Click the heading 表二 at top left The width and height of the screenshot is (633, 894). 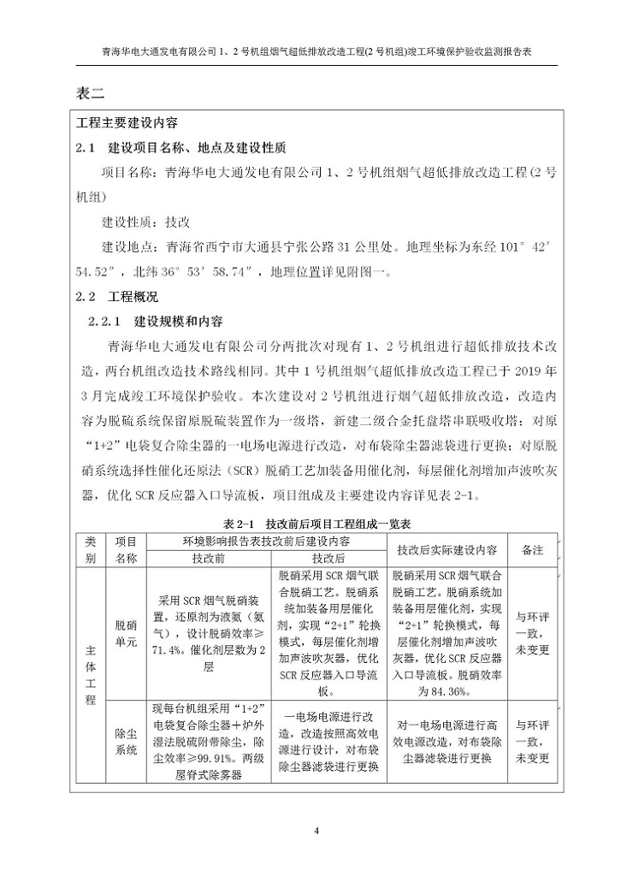click(x=90, y=93)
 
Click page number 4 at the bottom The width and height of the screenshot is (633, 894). click(x=316, y=831)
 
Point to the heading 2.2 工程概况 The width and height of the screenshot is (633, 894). click(x=117, y=298)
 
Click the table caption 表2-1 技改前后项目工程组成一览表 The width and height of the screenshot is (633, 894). click(x=316, y=523)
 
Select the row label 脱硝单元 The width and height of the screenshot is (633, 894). click(x=126, y=634)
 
